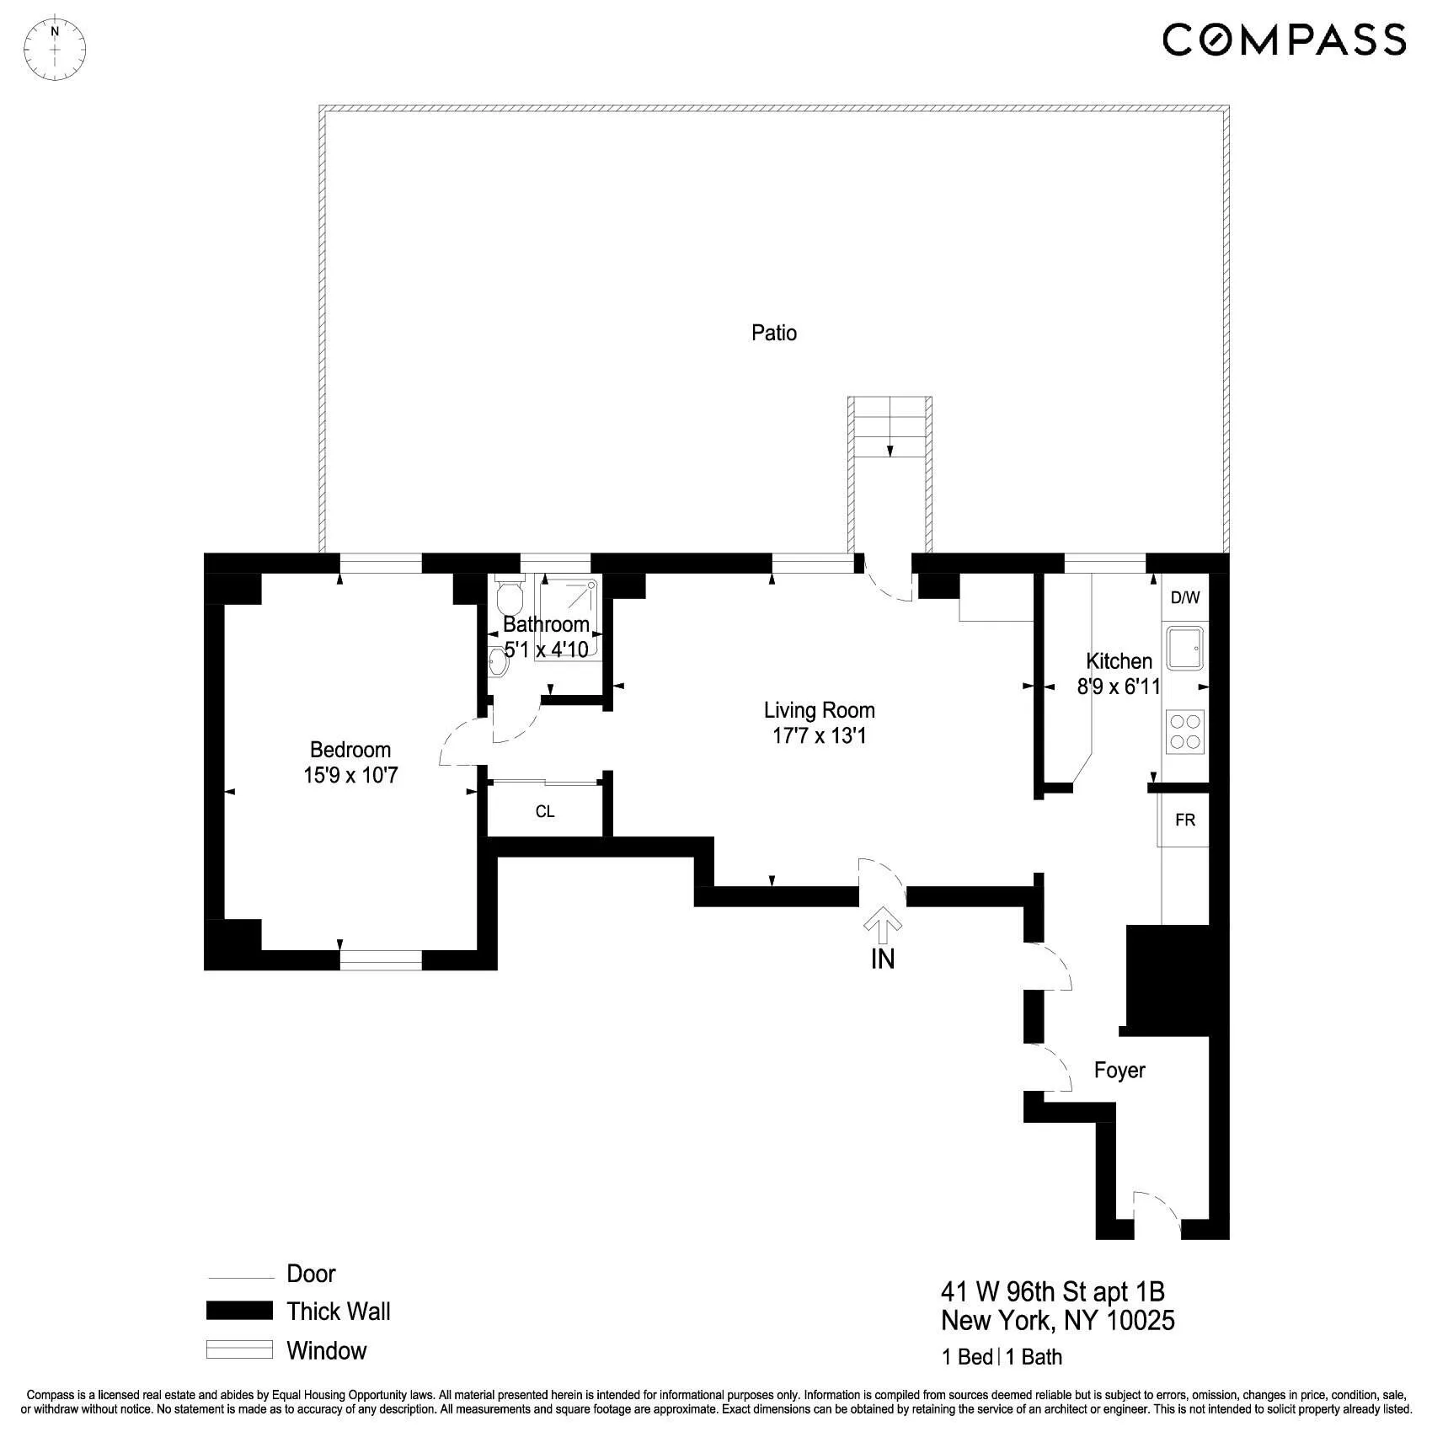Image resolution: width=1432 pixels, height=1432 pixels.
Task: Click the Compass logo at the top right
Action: [1284, 40]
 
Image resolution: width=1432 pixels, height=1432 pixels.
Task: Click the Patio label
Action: [773, 333]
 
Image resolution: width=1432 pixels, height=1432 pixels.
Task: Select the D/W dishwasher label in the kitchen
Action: [1184, 598]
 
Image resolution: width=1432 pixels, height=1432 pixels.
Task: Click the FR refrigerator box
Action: [1184, 820]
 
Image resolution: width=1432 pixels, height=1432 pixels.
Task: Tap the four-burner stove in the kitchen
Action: [1184, 731]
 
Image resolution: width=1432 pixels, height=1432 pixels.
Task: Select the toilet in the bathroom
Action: [509, 596]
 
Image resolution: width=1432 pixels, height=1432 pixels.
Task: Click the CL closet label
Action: [545, 812]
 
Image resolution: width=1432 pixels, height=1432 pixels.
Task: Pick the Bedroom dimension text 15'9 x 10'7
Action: [350, 775]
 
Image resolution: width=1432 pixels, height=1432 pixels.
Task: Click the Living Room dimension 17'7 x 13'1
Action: [819, 735]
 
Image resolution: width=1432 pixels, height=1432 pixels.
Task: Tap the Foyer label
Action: [1119, 1070]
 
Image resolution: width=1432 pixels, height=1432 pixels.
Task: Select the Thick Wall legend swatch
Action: [239, 1311]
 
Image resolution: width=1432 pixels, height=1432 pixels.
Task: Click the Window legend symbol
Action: [239, 1350]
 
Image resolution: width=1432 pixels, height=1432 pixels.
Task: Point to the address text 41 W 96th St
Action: [1052, 1291]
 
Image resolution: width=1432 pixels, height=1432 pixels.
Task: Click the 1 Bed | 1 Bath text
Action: [1002, 1357]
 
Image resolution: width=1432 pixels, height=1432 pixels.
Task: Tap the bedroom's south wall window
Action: [381, 959]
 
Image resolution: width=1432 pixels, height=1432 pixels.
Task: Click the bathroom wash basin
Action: [498, 662]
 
